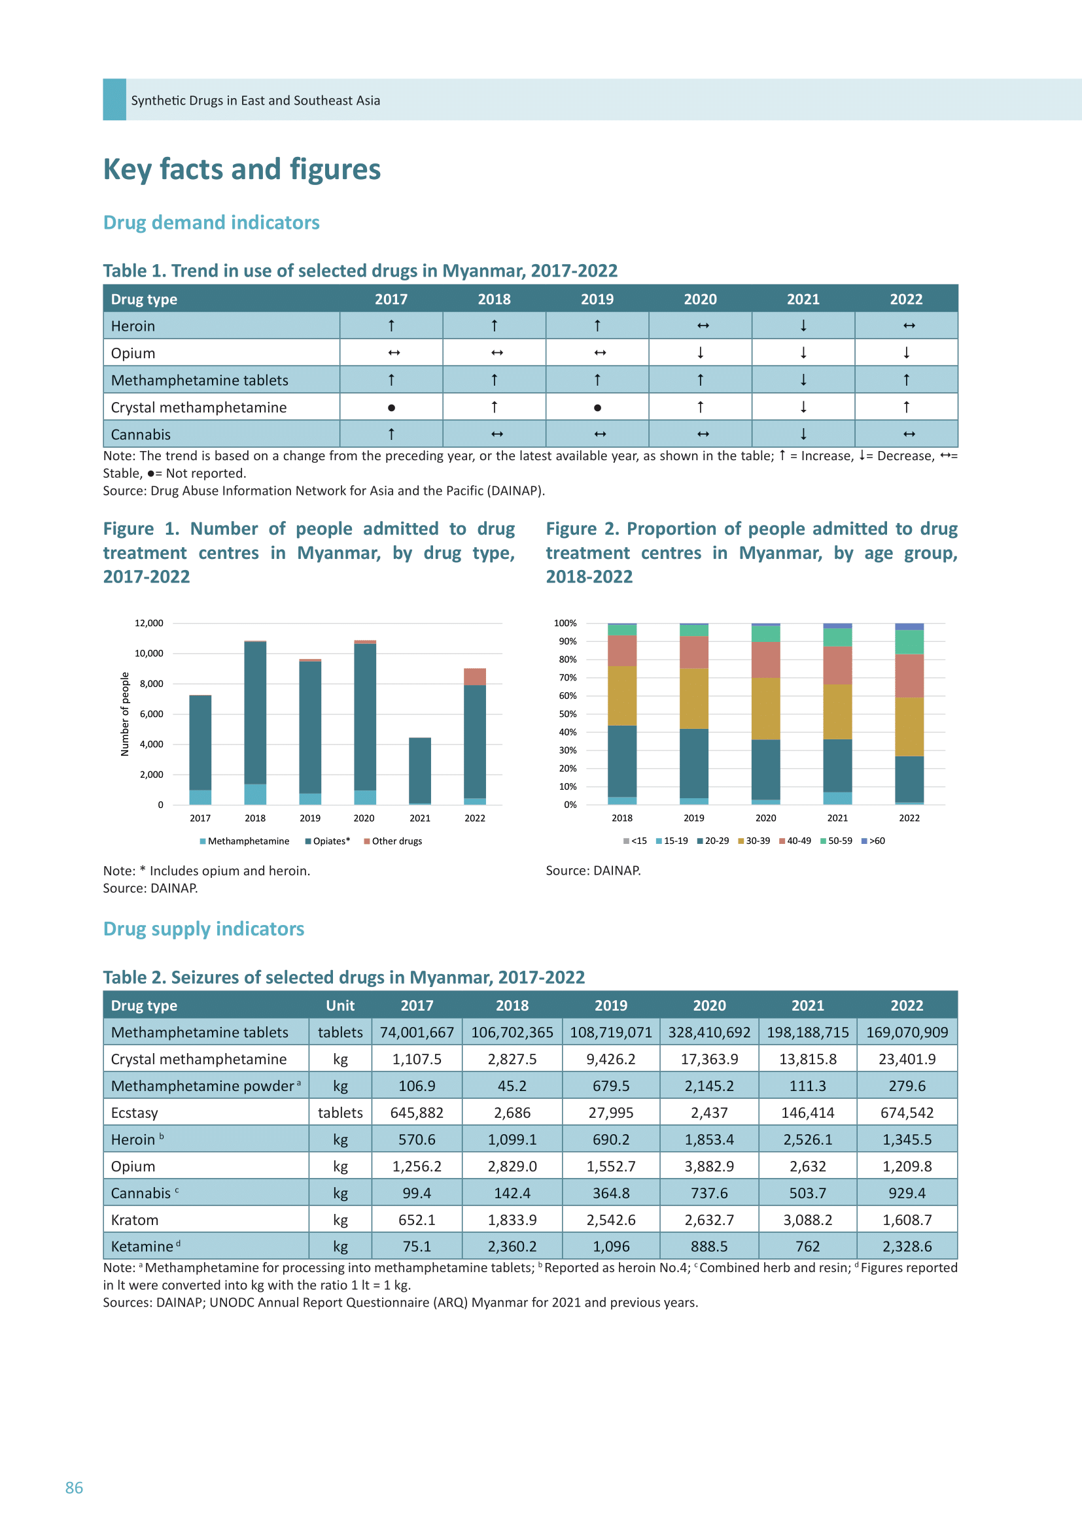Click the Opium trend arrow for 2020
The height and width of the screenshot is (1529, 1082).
pos(700,353)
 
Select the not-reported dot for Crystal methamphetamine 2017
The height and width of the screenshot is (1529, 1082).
pos(391,407)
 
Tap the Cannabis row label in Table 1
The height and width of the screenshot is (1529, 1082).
pos(141,434)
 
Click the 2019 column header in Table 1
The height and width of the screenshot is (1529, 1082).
pos(597,299)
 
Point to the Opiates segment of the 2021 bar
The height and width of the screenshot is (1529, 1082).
pos(420,771)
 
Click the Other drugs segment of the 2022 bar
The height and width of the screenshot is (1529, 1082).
pos(475,677)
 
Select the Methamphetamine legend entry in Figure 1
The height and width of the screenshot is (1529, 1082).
pos(245,841)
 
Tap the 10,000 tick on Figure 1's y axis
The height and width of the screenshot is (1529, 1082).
pos(148,653)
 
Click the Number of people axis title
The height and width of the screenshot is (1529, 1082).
pos(124,714)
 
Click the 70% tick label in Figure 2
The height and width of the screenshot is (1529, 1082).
pos(568,677)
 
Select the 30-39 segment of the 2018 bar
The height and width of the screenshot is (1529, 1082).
pos(622,696)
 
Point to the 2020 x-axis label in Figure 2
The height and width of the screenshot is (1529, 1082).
pos(765,818)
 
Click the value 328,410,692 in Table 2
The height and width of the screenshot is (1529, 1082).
pos(709,1032)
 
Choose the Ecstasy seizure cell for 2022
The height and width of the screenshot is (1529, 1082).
pos(907,1113)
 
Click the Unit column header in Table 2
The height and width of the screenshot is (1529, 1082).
pos(340,1005)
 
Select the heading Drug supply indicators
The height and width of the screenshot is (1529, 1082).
pos(204,929)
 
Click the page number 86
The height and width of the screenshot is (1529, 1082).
pos(74,1488)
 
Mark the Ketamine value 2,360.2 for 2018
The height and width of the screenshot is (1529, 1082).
pos(512,1247)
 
